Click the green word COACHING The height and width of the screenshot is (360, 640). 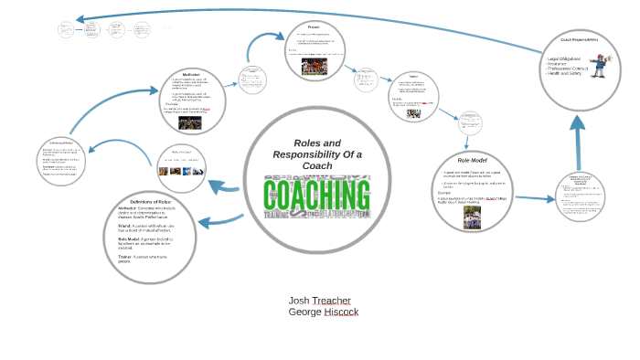[316, 195]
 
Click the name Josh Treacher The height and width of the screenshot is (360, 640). [319, 300]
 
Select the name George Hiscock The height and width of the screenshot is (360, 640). [323, 312]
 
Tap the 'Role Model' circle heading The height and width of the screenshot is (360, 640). [473, 160]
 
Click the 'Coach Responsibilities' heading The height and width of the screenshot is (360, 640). [579, 40]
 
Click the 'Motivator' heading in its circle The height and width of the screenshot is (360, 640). [191, 74]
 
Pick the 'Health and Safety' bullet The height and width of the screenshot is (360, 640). [569, 75]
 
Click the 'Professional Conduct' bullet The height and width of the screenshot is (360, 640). [572, 69]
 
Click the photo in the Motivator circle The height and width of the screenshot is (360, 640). [190, 123]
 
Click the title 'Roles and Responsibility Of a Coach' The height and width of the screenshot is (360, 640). [317, 154]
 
